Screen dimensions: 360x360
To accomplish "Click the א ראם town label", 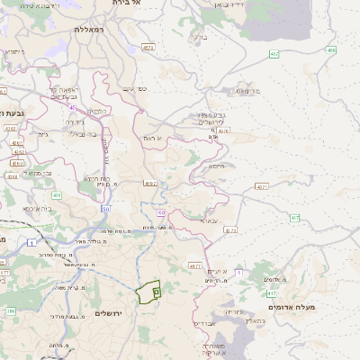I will (151, 138).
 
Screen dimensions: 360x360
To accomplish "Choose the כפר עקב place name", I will (134, 88).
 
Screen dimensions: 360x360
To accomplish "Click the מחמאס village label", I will (238, 91).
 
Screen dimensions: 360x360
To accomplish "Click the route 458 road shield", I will (331, 50).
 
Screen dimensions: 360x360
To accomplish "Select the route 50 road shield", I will (105, 209).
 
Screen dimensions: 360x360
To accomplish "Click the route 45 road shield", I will (70, 106).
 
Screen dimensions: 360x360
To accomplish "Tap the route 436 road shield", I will (56, 194).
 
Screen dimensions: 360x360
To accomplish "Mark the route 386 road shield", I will (11, 311).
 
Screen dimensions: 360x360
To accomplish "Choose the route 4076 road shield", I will (223, 131).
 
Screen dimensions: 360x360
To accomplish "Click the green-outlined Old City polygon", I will (147, 292).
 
